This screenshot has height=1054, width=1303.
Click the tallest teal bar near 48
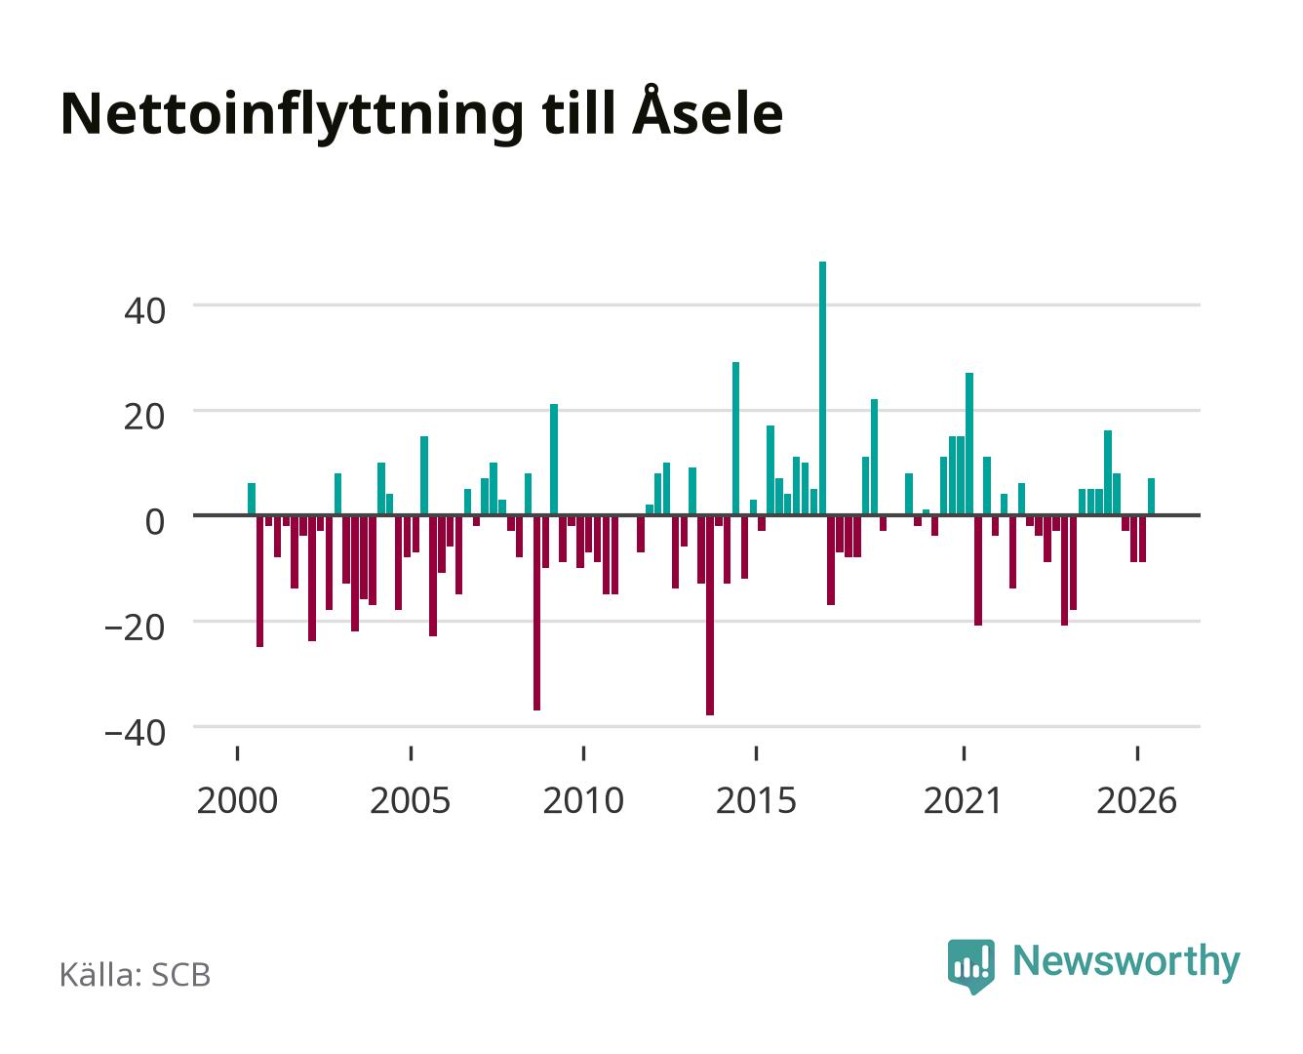click(x=822, y=388)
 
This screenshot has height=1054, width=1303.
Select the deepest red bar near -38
click(x=710, y=615)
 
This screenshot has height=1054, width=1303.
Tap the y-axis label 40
click(x=144, y=311)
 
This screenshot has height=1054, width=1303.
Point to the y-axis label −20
click(x=135, y=628)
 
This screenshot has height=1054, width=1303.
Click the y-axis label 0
click(x=155, y=522)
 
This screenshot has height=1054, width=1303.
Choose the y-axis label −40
click(x=135, y=733)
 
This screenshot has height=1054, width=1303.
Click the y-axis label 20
click(x=144, y=417)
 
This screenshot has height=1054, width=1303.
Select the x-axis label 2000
click(x=237, y=800)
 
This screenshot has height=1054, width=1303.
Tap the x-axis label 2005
click(x=411, y=800)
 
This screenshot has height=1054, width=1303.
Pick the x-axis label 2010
click(x=583, y=800)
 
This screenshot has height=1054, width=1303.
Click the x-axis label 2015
click(x=756, y=800)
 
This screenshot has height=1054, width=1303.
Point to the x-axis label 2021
click(x=964, y=800)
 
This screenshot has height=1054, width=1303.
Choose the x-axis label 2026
click(x=1136, y=800)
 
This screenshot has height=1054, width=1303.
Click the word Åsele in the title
click(x=708, y=111)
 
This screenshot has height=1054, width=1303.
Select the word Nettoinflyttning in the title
click(x=293, y=117)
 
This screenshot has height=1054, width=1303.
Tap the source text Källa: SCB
click(x=136, y=975)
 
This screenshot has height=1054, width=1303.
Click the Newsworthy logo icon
click(x=971, y=966)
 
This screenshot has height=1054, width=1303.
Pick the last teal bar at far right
click(x=1151, y=497)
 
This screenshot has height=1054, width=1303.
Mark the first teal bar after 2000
click(x=252, y=499)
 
